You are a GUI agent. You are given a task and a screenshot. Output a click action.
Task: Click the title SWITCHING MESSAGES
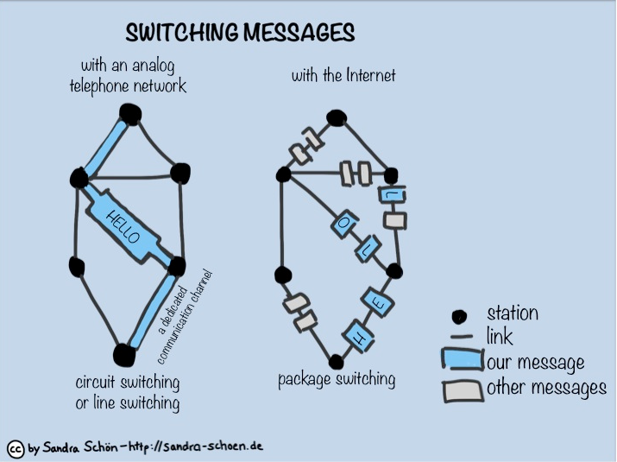pyautogui.click(x=240, y=33)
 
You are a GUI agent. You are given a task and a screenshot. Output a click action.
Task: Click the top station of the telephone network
pyautogui.click(x=130, y=113)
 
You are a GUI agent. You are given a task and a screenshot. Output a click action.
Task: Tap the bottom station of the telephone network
pyautogui.click(x=123, y=354)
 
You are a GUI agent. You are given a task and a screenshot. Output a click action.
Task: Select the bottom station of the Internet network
pyautogui.click(x=334, y=360)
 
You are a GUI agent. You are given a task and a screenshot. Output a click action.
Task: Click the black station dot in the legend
pyautogui.click(x=461, y=315)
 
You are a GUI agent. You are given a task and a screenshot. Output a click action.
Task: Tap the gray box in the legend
pyautogui.click(x=462, y=389)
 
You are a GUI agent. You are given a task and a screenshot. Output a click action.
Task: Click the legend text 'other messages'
pyautogui.click(x=546, y=388)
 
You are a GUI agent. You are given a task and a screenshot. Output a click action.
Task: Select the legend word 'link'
pyautogui.click(x=500, y=338)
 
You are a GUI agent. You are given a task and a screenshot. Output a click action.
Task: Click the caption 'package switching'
pyautogui.click(x=337, y=379)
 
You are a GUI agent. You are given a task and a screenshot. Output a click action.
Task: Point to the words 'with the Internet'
pyautogui.click(x=343, y=76)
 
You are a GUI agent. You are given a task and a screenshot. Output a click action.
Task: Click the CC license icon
pyautogui.click(x=15, y=448)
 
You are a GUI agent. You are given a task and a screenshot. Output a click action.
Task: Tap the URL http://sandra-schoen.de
pyautogui.click(x=196, y=446)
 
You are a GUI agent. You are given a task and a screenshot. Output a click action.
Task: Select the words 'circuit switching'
pyautogui.click(x=127, y=383)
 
